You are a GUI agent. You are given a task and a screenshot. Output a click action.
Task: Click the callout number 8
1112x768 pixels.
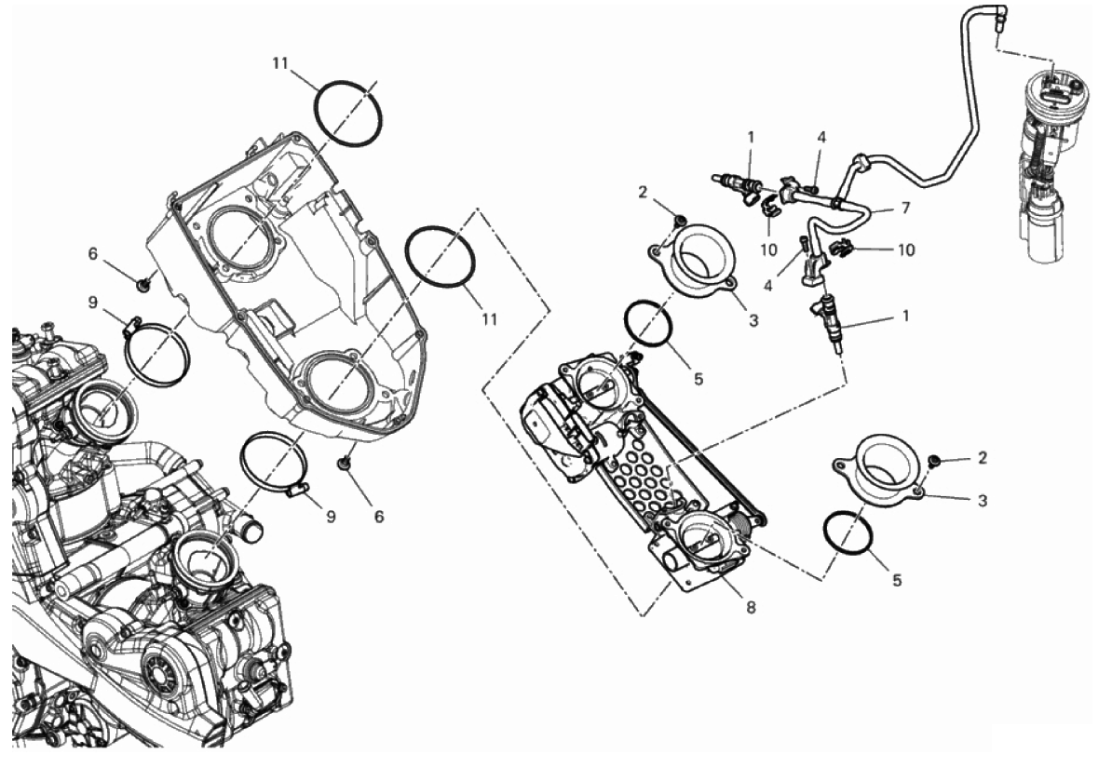751,607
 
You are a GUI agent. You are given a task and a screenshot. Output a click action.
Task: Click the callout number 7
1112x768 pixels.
905,208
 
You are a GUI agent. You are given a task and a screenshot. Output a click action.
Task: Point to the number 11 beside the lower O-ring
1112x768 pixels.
489,319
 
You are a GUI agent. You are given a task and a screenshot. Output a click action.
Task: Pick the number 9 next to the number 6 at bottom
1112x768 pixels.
331,517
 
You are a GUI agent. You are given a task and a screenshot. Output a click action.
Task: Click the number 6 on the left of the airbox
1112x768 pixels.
93,253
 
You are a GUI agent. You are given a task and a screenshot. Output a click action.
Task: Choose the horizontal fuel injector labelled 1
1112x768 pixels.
738,187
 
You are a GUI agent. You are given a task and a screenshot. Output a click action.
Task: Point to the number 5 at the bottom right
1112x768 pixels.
897,580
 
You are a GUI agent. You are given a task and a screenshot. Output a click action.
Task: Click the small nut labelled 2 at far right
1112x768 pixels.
934,463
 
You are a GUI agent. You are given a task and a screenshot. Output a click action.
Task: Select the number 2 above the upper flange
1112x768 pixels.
643,192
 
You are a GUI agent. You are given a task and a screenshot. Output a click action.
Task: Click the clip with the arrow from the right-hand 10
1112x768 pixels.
838,248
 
